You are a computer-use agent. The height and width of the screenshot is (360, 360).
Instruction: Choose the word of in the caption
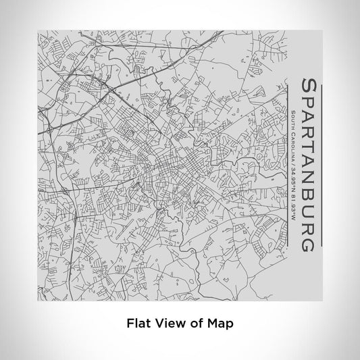194,324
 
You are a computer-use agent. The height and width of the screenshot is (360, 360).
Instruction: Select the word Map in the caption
219,324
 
